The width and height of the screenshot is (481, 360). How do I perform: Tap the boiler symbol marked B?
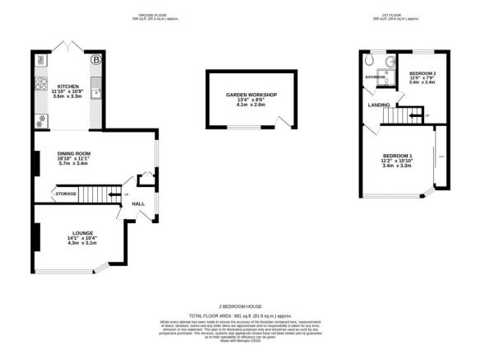click(x=96, y=59)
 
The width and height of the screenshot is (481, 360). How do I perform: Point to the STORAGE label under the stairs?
click(x=66, y=194)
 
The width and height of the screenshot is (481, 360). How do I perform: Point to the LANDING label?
click(x=379, y=105)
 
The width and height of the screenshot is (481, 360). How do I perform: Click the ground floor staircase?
click(x=100, y=194)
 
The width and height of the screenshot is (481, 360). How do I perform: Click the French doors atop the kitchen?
click(x=68, y=45)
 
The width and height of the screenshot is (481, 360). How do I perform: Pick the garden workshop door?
click(x=284, y=124)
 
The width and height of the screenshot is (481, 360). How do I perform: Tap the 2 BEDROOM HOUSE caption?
click(x=240, y=305)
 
